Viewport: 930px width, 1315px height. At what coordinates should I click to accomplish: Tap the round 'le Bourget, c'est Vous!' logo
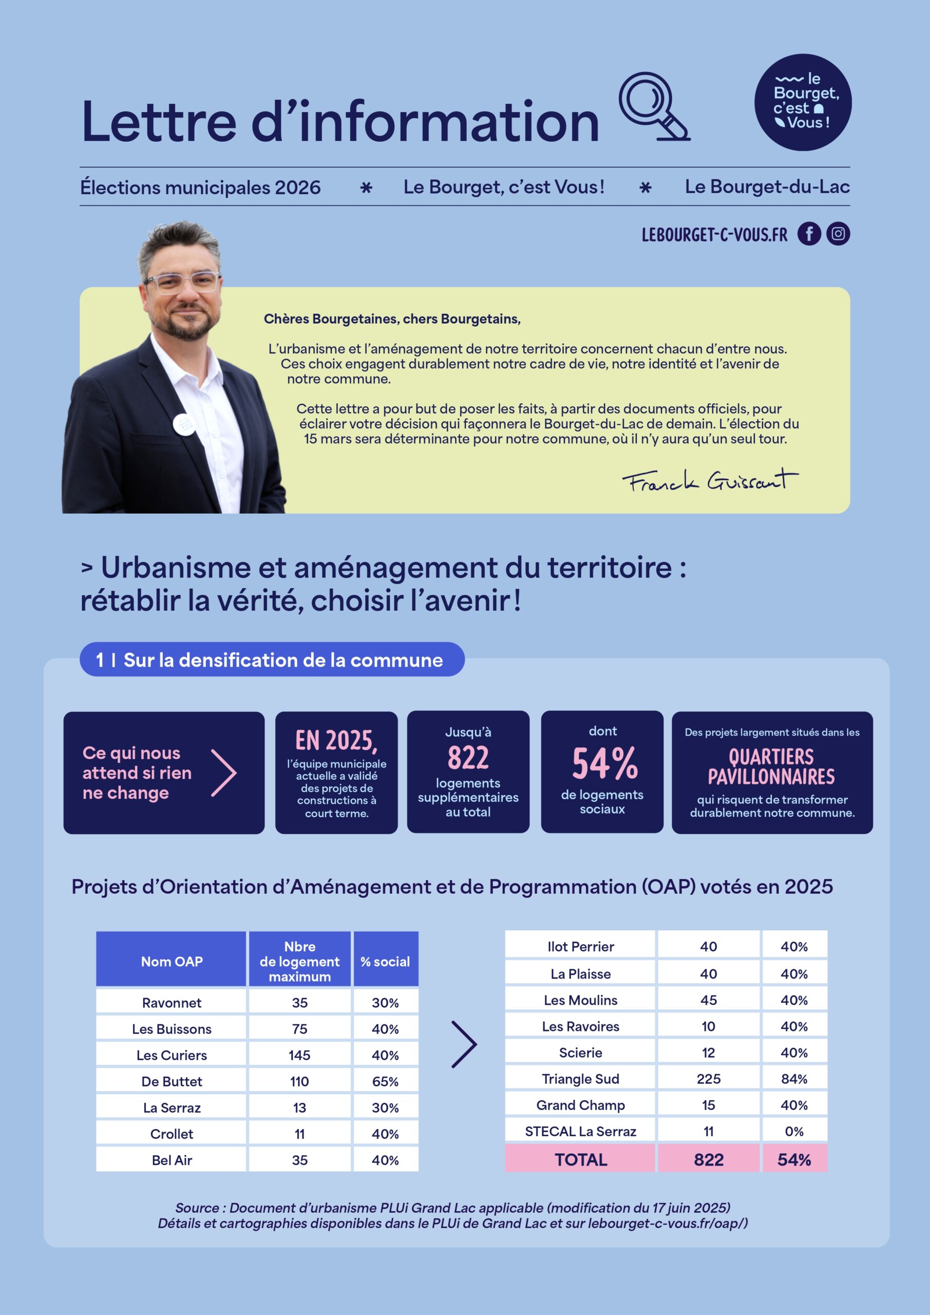[802, 103]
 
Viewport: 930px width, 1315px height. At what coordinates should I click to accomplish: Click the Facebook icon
[809, 234]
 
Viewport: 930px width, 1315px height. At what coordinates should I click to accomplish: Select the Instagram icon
[838, 234]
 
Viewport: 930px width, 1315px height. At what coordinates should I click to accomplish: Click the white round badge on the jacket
[184, 423]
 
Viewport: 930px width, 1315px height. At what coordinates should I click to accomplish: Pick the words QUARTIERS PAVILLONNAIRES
[771, 766]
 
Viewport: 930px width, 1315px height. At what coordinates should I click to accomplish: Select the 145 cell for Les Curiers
[299, 1055]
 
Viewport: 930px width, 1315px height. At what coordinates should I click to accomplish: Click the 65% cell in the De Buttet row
[385, 1081]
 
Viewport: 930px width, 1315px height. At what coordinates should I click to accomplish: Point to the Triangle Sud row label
[580, 1079]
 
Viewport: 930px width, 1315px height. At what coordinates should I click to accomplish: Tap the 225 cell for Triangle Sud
[708, 1079]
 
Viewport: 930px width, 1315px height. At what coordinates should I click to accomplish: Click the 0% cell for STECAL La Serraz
[794, 1131]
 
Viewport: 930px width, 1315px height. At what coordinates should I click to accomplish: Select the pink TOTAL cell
[580, 1159]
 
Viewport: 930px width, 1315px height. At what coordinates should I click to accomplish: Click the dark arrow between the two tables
[464, 1044]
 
